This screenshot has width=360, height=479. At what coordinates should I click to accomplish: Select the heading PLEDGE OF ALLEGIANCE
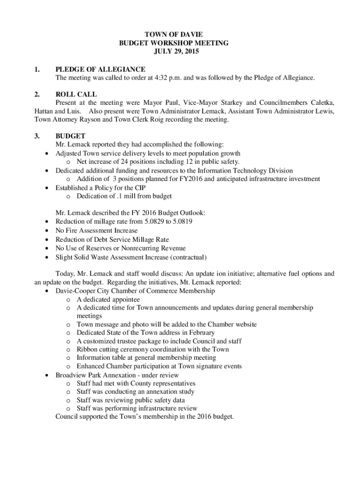tap(100, 69)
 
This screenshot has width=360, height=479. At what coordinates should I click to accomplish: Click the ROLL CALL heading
tap(76, 94)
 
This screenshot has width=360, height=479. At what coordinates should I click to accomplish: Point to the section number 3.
tap(37, 136)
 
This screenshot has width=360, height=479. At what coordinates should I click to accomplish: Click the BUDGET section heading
tap(70, 136)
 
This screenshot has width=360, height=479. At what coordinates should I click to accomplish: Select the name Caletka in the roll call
tap(321, 103)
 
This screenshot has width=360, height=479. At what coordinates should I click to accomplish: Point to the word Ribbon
tap(87, 349)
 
